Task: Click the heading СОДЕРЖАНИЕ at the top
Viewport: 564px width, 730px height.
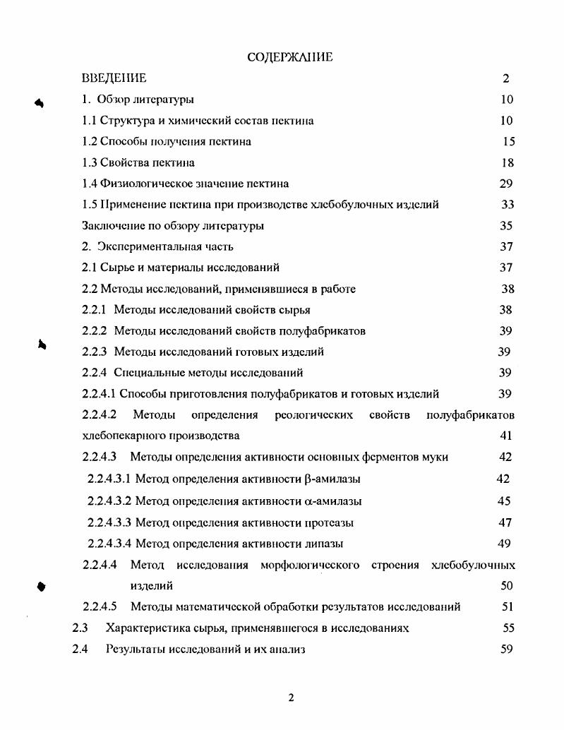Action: click(290, 57)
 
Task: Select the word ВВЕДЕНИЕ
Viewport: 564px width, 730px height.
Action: click(114, 78)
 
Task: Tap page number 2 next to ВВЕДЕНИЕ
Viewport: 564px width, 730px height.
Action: click(506, 78)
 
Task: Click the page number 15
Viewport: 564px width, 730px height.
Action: click(509, 142)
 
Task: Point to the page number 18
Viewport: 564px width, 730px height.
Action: click(507, 163)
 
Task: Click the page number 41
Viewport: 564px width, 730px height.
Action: click(506, 436)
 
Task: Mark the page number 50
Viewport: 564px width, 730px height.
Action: click(506, 586)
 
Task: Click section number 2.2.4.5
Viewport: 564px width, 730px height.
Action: click(100, 606)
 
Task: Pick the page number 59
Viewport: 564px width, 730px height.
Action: click(506, 650)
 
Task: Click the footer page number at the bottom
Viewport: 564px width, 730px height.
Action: click(290, 698)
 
